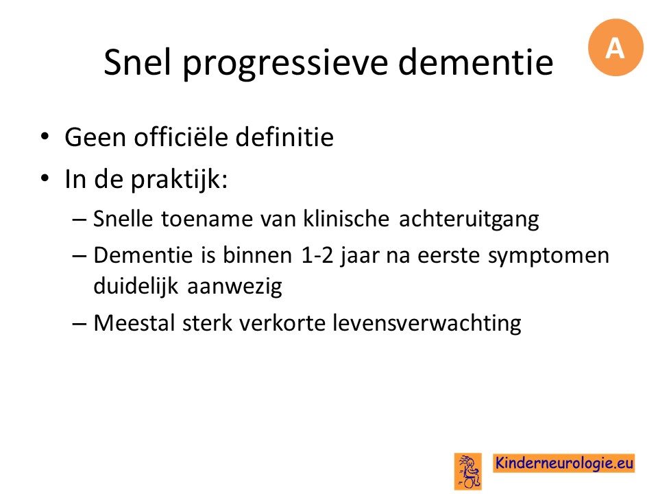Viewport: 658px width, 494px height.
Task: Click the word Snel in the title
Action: point(137,62)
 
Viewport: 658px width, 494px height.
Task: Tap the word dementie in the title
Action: point(476,62)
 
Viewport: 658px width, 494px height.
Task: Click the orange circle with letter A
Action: point(616,47)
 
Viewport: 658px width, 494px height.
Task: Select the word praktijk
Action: point(179,180)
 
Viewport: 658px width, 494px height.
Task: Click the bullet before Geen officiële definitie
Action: point(45,137)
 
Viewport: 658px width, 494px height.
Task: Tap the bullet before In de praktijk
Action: point(45,178)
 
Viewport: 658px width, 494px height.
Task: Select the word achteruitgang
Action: point(469,220)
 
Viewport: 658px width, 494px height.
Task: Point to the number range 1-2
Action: point(317,255)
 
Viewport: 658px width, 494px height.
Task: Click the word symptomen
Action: point(548,256)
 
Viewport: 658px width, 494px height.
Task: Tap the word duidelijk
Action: point(136,286)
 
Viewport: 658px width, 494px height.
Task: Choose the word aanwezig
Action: point(234,287)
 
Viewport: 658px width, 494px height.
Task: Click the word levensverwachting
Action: point(427,324)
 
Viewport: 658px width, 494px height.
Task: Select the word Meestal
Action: point(134,323)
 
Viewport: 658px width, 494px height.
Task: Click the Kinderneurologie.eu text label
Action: point(563,463)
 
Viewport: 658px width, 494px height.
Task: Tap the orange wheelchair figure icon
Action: point(468,471)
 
